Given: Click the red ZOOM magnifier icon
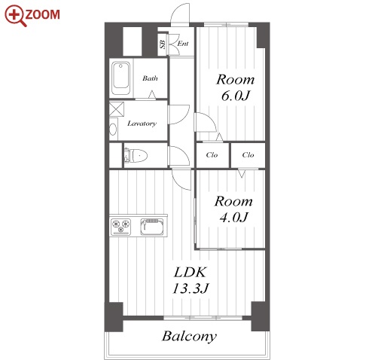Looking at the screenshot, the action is [15, 16].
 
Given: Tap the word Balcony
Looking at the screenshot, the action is [189, 337].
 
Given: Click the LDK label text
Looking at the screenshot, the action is [190, 273].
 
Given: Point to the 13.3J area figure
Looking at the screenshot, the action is [191, 288].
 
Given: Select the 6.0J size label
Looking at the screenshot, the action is [236, 96].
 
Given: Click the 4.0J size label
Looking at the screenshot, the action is [233, 218].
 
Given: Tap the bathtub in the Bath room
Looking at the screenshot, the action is [120, 78].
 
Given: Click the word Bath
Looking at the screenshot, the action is [150, 78].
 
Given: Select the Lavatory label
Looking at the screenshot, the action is [142, 124].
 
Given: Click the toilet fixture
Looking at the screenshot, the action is [136, 156].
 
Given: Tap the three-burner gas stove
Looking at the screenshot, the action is [121, 227].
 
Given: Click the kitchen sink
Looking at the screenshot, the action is [152, 227].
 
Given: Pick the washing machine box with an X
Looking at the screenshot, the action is [117, 109].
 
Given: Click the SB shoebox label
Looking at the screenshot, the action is [163, 44].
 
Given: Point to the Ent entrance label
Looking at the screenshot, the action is [183, 44].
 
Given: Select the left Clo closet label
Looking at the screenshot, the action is [212, 155].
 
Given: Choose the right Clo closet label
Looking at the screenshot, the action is [248, 155].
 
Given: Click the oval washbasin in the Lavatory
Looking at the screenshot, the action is [113, 130].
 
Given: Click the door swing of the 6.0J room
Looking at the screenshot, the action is [209, 118].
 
